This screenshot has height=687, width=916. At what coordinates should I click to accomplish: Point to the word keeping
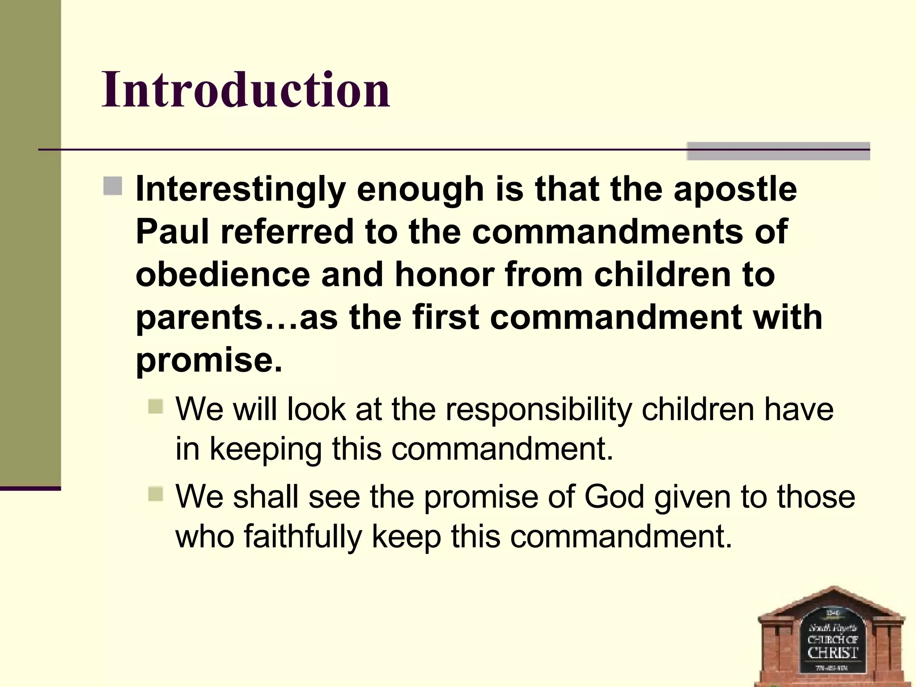(x=266, y=449)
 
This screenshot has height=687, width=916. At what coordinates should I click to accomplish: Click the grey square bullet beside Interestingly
(x=113, y=186)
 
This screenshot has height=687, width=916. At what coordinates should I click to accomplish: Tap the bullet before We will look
(x=156, y=406)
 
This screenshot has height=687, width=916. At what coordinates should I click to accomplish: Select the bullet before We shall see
(x=156, y=494)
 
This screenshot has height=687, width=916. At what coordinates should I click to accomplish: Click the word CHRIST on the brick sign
(x=832, y=653)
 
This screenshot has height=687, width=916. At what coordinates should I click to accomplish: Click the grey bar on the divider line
(x=778, y=151)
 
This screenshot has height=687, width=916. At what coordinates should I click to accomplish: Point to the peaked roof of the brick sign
(x=832, y=599)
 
